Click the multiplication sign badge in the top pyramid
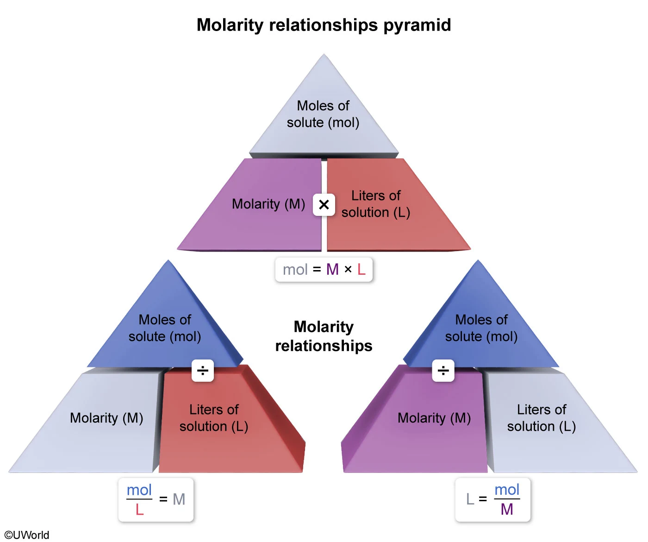click(324, 204)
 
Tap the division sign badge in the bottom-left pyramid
click(203, 371)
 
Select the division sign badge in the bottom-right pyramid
click(443, 371)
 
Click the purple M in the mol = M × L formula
click(332, 269)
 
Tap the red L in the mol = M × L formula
click(361, 269)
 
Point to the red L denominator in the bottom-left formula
click(139, 510)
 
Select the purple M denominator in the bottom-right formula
click(507, 510)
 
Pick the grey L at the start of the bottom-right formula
click(470, 499)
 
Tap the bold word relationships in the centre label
click(324, 346)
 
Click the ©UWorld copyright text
click(27, 535)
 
